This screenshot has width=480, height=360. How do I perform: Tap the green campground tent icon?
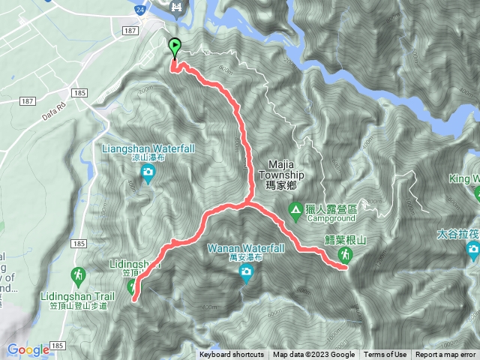(296, 209)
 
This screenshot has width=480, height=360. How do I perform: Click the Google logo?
(28, 349)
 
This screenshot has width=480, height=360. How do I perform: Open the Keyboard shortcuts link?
(232, 355)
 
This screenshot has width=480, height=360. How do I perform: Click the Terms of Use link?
(385, 355)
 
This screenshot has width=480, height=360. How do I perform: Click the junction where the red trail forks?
(248, 202)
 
